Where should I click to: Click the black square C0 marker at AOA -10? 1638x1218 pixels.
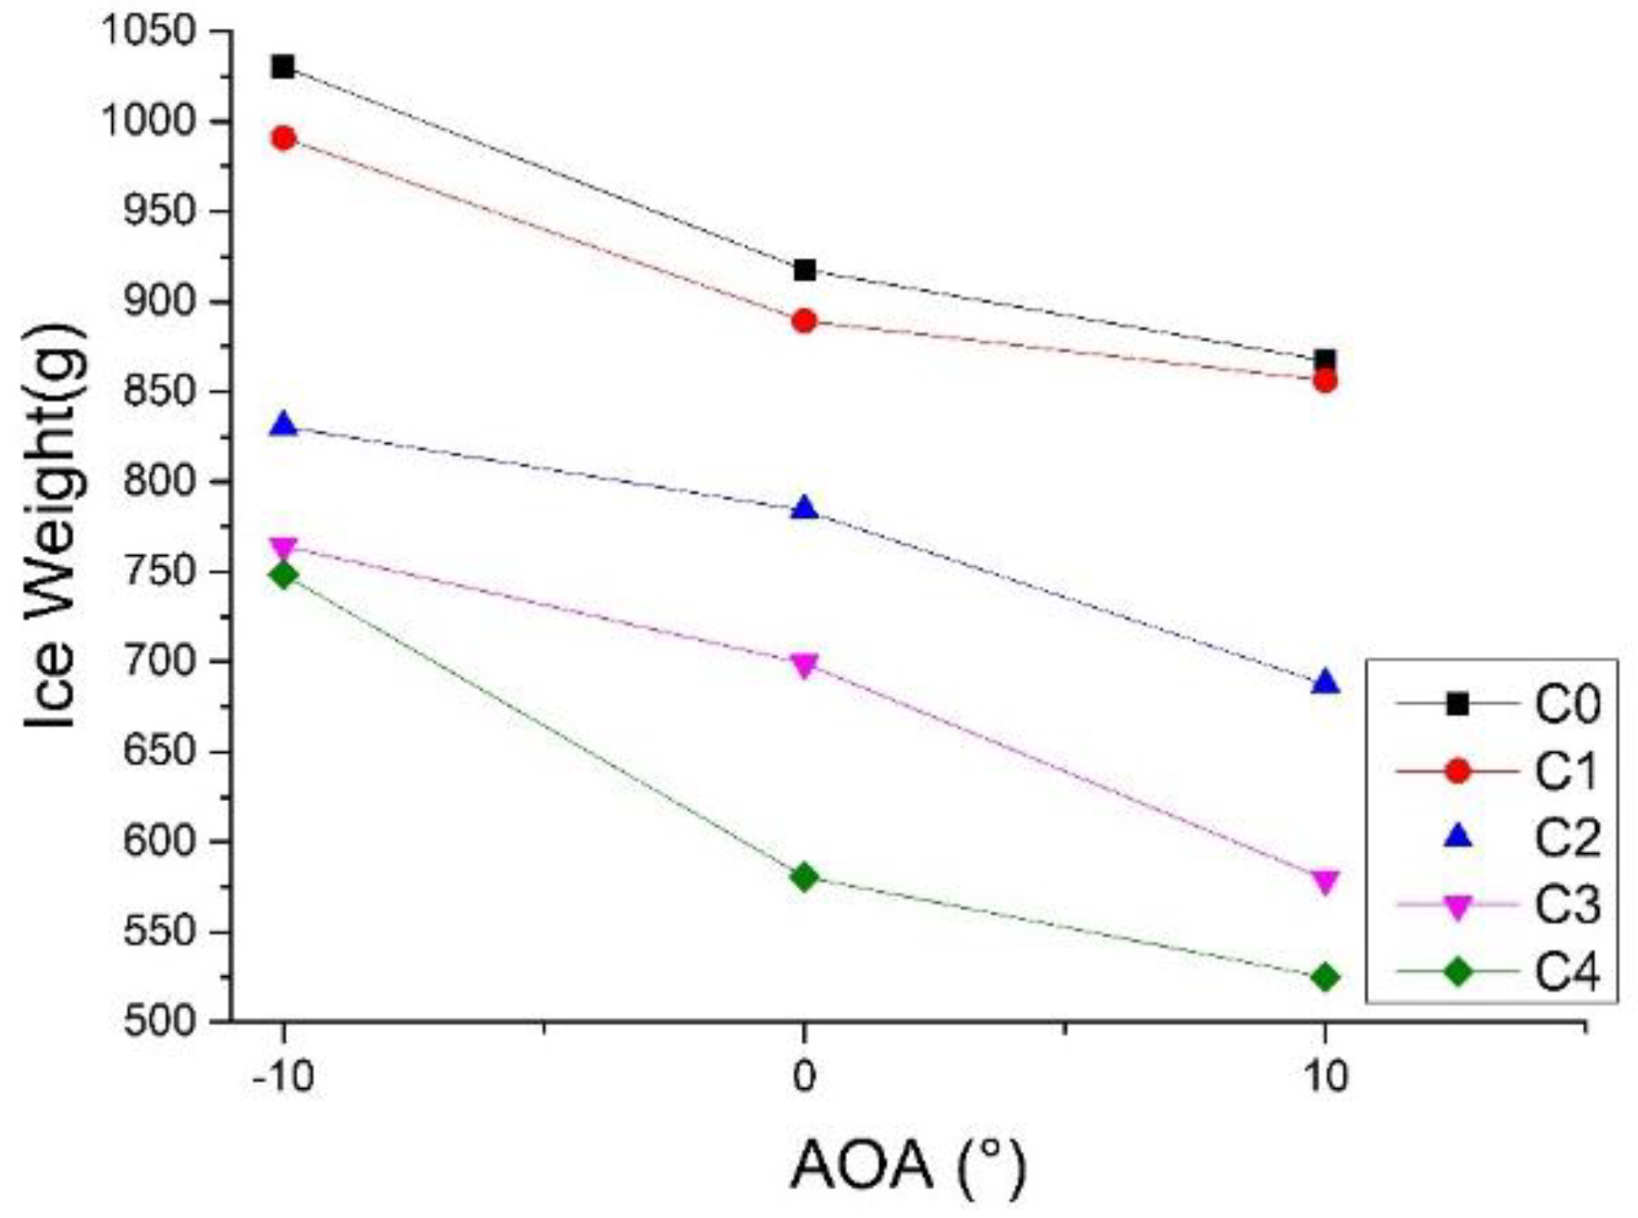tap(283, 66)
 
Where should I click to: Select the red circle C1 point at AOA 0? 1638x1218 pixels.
tap(805, 322)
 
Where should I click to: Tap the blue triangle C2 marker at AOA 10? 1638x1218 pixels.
tap(1325, 683)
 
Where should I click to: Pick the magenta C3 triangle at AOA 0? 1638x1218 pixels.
tap(805, 665)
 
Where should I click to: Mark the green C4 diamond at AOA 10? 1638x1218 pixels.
tap(1325, 978)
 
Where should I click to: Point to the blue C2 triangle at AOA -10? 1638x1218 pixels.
tap(283, 424)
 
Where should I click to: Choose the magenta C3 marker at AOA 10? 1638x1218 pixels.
tap(1325, 882)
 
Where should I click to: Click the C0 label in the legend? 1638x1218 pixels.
tap(1567, 704)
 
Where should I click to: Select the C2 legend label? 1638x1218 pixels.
tap(1567, 839)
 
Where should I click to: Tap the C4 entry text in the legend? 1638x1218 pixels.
tap(1567, 973)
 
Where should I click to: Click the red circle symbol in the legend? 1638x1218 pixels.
tap(1458, 771)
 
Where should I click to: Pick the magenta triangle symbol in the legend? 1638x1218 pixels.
tap(1458, 907)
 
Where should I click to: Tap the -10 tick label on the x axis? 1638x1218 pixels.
tap(283, 1076)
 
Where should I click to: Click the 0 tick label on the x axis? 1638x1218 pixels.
tap(804, 1076)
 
